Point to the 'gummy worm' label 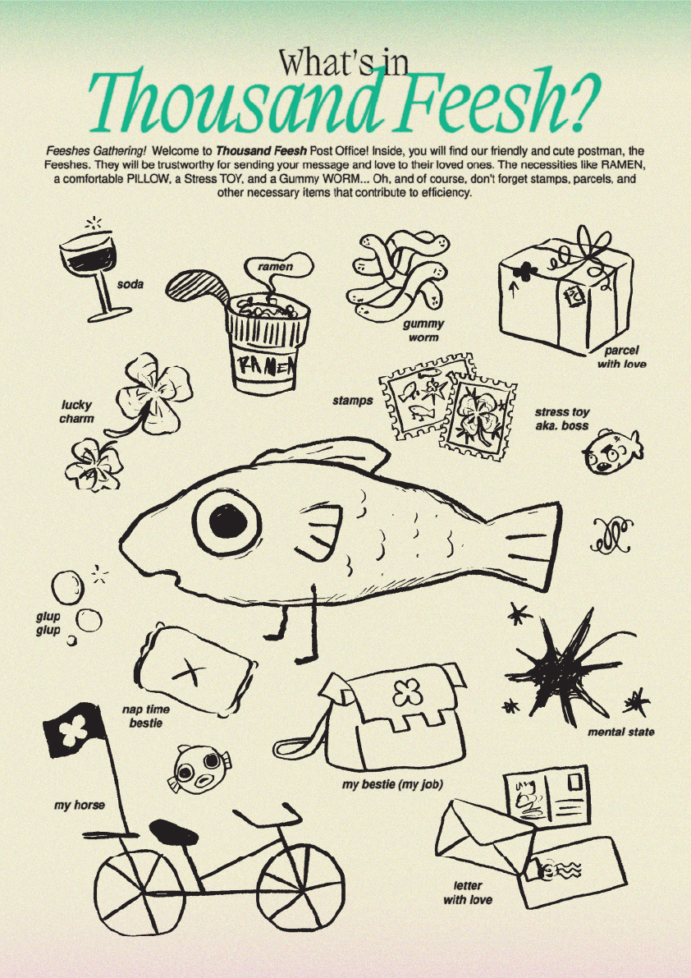coord(423,331)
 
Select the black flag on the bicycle coord(74,730)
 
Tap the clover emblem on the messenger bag coord(404,691)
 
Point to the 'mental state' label coord(620,732)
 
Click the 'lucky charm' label coord(76,411)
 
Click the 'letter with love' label coord(468,893)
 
